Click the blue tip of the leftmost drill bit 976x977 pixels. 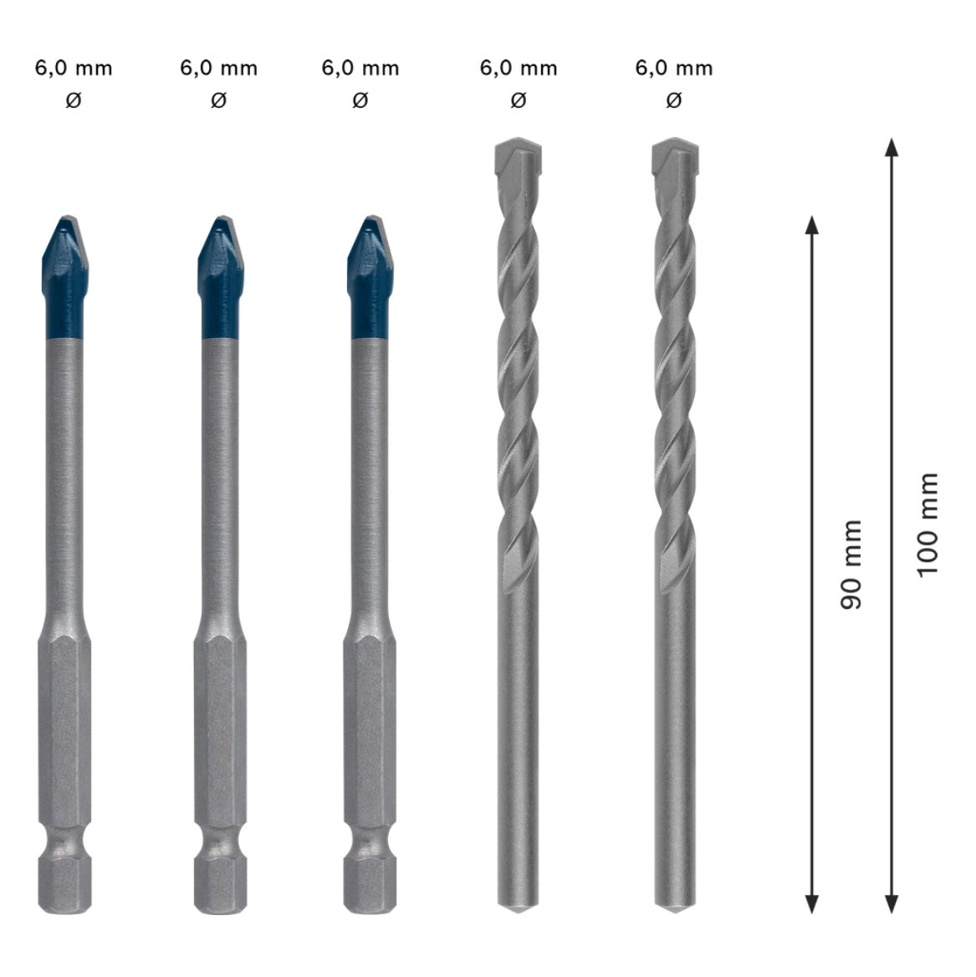(x=65, y=277)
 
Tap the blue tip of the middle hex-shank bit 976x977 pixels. (x=221, y=277)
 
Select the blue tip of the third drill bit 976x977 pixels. (x=370, y=277)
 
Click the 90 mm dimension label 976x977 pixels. (x=851, y=565)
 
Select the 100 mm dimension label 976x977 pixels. (x=927, y=525)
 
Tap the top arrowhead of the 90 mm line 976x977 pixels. (x=811, y=224)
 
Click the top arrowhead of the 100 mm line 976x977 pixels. (x=892, y=147)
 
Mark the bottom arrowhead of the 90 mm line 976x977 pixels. (x=811, y=904)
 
